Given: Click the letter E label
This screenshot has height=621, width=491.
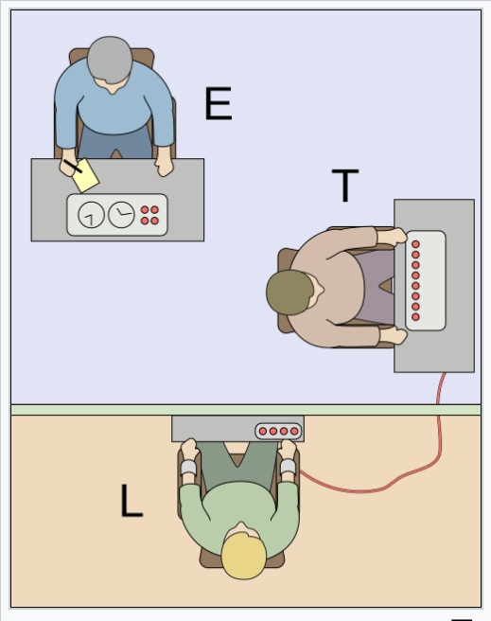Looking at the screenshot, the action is coord(219,103).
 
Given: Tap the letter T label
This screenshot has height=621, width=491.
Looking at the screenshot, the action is coord(345,186).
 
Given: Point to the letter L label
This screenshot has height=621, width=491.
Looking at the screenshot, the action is coord(132,501).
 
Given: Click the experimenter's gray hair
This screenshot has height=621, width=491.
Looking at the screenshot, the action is coord(110,60).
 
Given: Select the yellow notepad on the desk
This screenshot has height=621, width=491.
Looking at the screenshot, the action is coord(85,176).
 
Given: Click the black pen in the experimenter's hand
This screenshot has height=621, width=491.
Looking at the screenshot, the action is coord(73,167).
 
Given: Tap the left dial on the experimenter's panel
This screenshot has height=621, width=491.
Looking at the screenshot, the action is coord(92,215).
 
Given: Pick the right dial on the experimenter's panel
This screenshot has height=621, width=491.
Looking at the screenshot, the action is coord(121,215).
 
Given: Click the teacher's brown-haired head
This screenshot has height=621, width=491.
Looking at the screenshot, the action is coord(290,293).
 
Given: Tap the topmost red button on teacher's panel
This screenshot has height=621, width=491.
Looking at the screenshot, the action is coord(415,244).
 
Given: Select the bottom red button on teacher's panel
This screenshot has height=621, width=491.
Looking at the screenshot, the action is coord(415,317).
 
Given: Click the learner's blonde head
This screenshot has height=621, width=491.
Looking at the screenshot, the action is coord(243,556).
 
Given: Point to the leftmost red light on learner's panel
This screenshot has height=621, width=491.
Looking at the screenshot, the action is coord(263,432).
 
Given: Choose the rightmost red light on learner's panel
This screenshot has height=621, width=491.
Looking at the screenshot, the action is coord(294,432).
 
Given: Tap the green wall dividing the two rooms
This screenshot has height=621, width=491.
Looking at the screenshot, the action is coord(246,410).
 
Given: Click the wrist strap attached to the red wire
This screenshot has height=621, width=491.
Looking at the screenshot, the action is coord(288,467).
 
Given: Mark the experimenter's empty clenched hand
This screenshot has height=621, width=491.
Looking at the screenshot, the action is coord(165,167).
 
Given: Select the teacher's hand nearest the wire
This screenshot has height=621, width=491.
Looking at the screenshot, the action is coord(393,336).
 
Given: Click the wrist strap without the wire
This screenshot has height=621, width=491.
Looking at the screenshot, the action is coord(188,469).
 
